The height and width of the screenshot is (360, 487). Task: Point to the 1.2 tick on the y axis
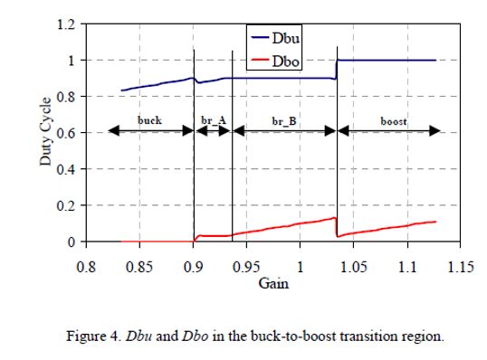[65, 24]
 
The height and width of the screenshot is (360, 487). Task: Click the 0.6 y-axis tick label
[65, 133]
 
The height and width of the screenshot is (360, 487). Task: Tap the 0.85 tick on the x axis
[139, 268]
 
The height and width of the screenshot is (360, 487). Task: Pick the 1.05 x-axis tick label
[354, 268]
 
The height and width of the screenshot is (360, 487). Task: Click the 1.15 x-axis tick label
[461, 268]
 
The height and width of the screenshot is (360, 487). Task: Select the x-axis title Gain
[272, 284]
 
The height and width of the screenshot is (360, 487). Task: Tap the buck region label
[150, 119]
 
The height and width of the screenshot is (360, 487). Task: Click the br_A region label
[213, 119]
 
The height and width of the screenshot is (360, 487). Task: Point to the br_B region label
[284, 119]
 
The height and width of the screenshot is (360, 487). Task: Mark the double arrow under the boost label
[389, 130]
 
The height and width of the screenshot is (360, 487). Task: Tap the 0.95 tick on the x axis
[246, 268]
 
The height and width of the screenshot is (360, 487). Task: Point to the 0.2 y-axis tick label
[65, 206]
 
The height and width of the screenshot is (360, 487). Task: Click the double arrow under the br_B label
[284, 130]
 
